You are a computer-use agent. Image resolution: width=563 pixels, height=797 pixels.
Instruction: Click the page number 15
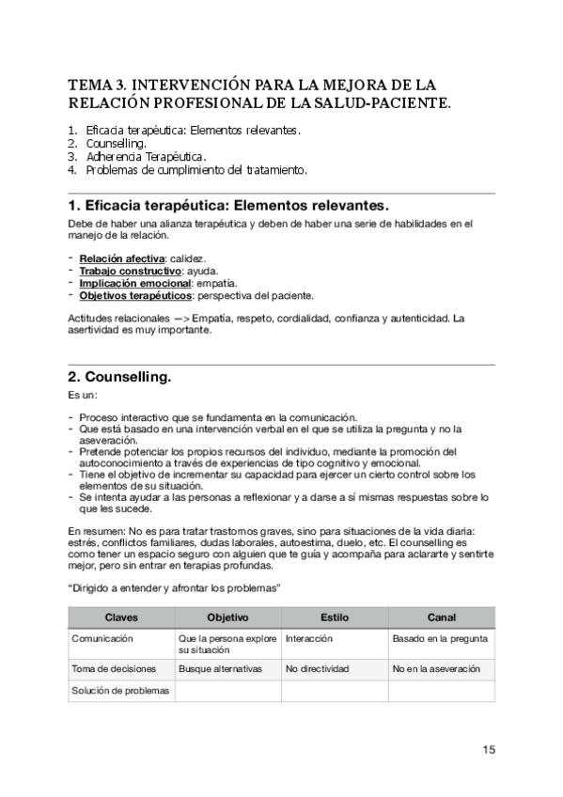pyautogui.click(x=489, y=749)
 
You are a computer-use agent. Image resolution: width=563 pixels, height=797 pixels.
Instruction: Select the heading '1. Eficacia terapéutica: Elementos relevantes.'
pyautogui.click(x=228, y=205)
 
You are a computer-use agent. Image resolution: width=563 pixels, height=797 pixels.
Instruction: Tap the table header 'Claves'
pyautogui.click(x=121, y=617)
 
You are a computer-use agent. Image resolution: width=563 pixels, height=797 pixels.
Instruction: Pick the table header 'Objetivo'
pyautogui.click(x=227, y=617)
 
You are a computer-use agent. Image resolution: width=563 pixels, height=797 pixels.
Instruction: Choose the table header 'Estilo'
pyautogui.click(x=335, y=617)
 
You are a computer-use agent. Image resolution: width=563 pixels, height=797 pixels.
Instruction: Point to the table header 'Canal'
pyautogui.click(x=441, y=617)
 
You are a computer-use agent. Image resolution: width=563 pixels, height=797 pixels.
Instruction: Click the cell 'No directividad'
pyautogui.click(x=318, y=668)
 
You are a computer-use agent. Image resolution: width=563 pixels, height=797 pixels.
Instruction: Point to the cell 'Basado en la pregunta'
pyautogui.click(x=440, y=638)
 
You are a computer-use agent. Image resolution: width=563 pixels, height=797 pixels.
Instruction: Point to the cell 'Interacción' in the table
pyautogui.click(x=309, y=638)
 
